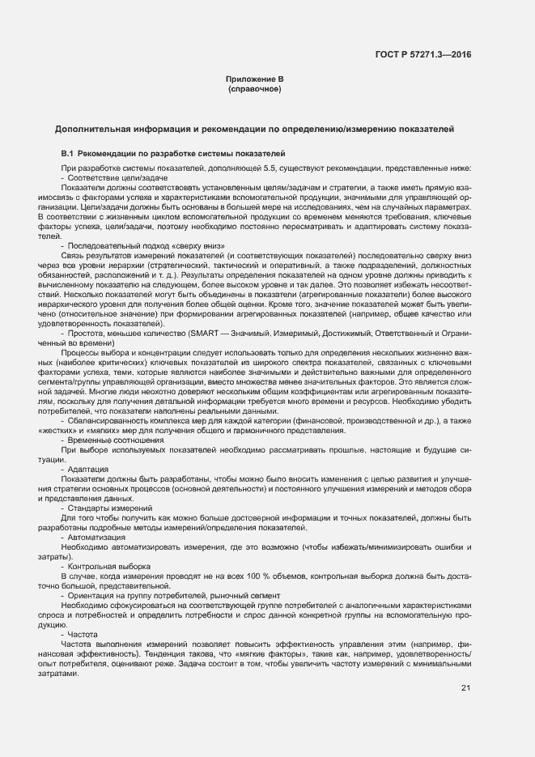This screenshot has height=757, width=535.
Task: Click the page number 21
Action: pyautogui.click(x=465, y=688)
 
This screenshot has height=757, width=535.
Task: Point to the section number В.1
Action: pyautogui.click(x=68, y=153)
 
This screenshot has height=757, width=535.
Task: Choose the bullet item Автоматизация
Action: pyautogui.click(x=96, y=538)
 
